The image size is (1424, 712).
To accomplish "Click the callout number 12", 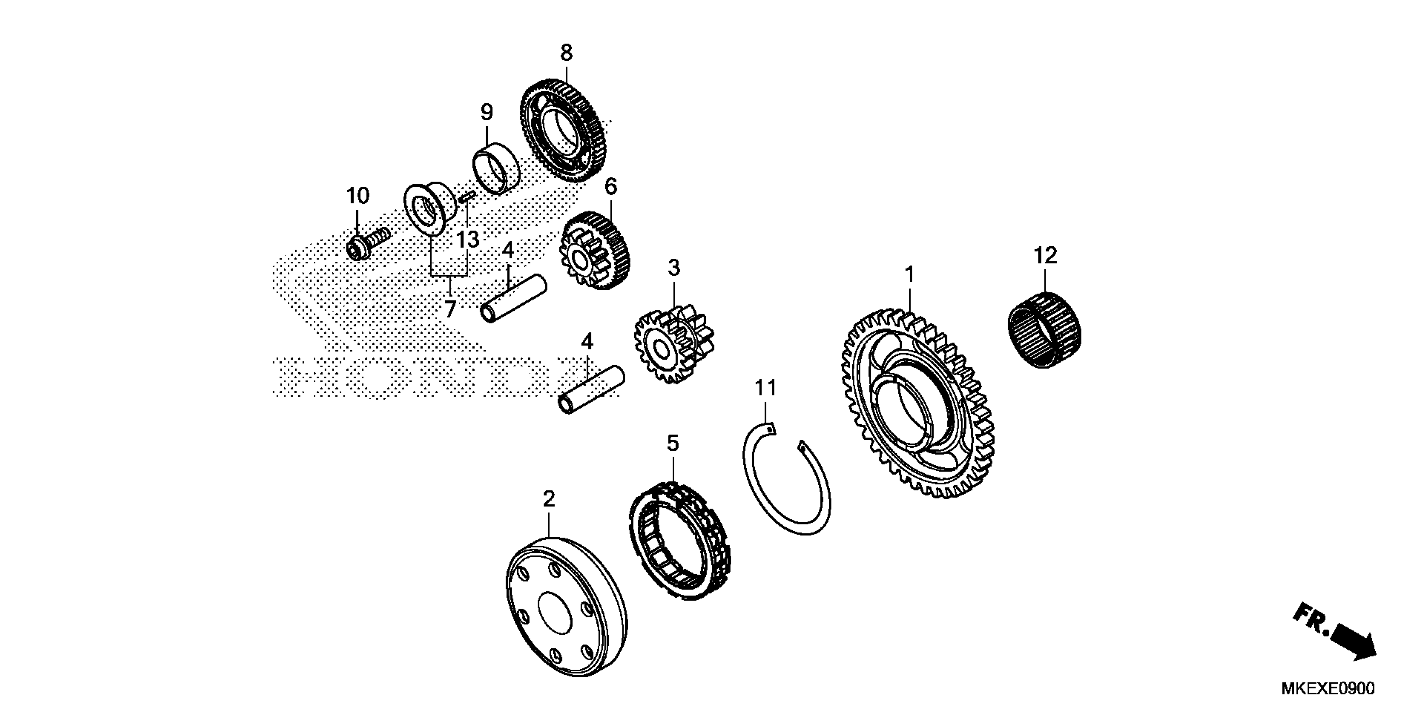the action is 1045,255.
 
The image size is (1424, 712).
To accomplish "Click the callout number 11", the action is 766,389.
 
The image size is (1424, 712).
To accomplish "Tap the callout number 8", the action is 566,53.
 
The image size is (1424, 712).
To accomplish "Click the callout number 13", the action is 467,240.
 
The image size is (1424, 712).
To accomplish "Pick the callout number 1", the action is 909,275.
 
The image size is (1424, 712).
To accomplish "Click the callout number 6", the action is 610,187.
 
